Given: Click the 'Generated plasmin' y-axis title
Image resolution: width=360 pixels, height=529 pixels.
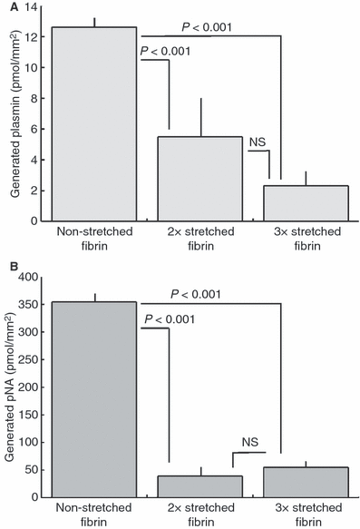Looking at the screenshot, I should tap(12, 113).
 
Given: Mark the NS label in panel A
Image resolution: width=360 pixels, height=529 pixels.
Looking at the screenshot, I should tap(258, 142).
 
